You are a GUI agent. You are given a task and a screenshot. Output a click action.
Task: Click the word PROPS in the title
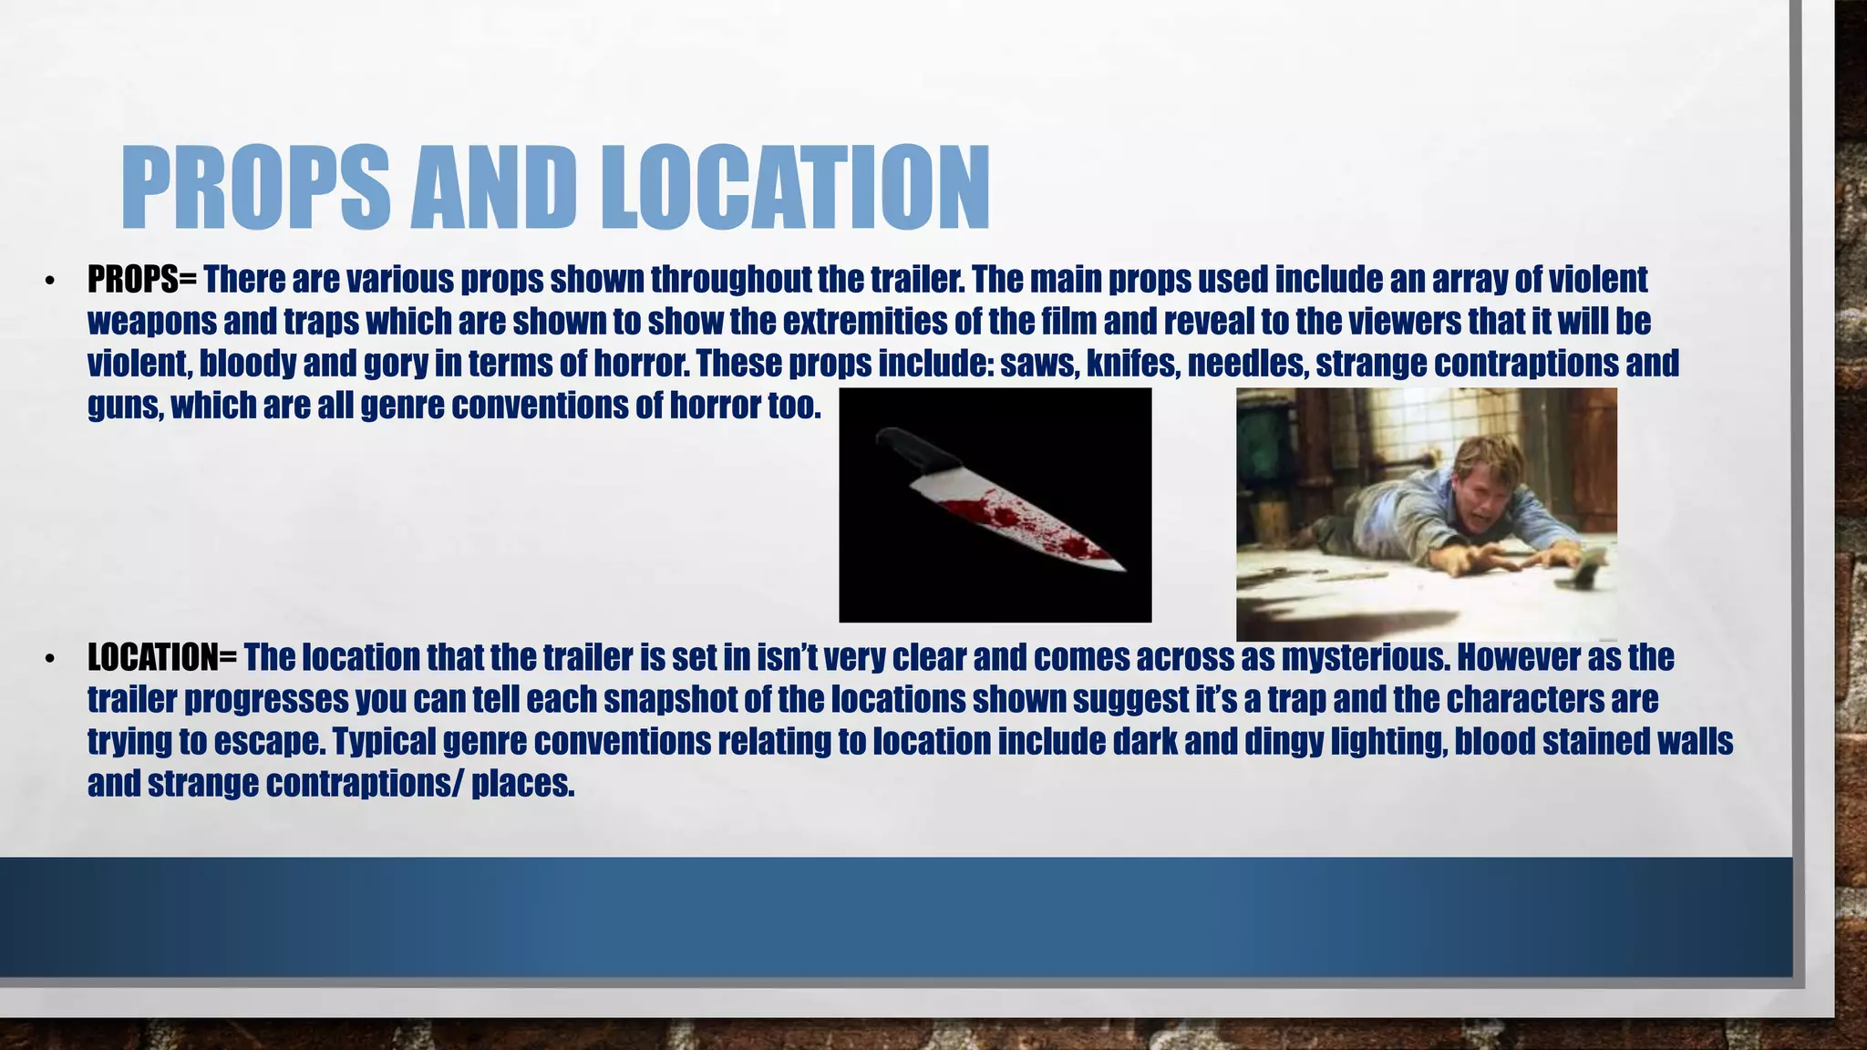[255, 188]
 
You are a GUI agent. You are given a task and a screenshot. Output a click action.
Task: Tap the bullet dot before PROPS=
[50, 281]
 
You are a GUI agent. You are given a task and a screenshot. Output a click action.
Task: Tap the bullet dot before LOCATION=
[50, 658]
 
